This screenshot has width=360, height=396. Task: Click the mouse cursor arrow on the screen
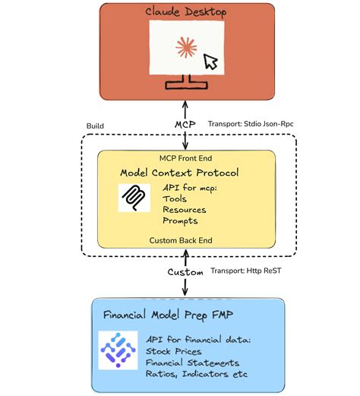click(x=210, y=62)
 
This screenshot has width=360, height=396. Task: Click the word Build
click(x=96, y=125)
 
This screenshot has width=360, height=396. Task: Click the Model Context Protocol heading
click(x=185, y=173)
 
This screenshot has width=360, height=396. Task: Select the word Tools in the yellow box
click(x=175, y=198)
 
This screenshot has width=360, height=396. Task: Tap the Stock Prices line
click(x=174, y=351)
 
